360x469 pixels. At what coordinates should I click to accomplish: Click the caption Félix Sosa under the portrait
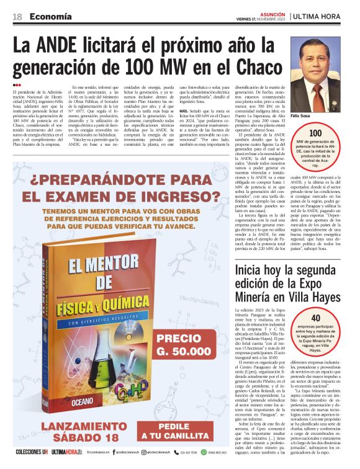(308, 116)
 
